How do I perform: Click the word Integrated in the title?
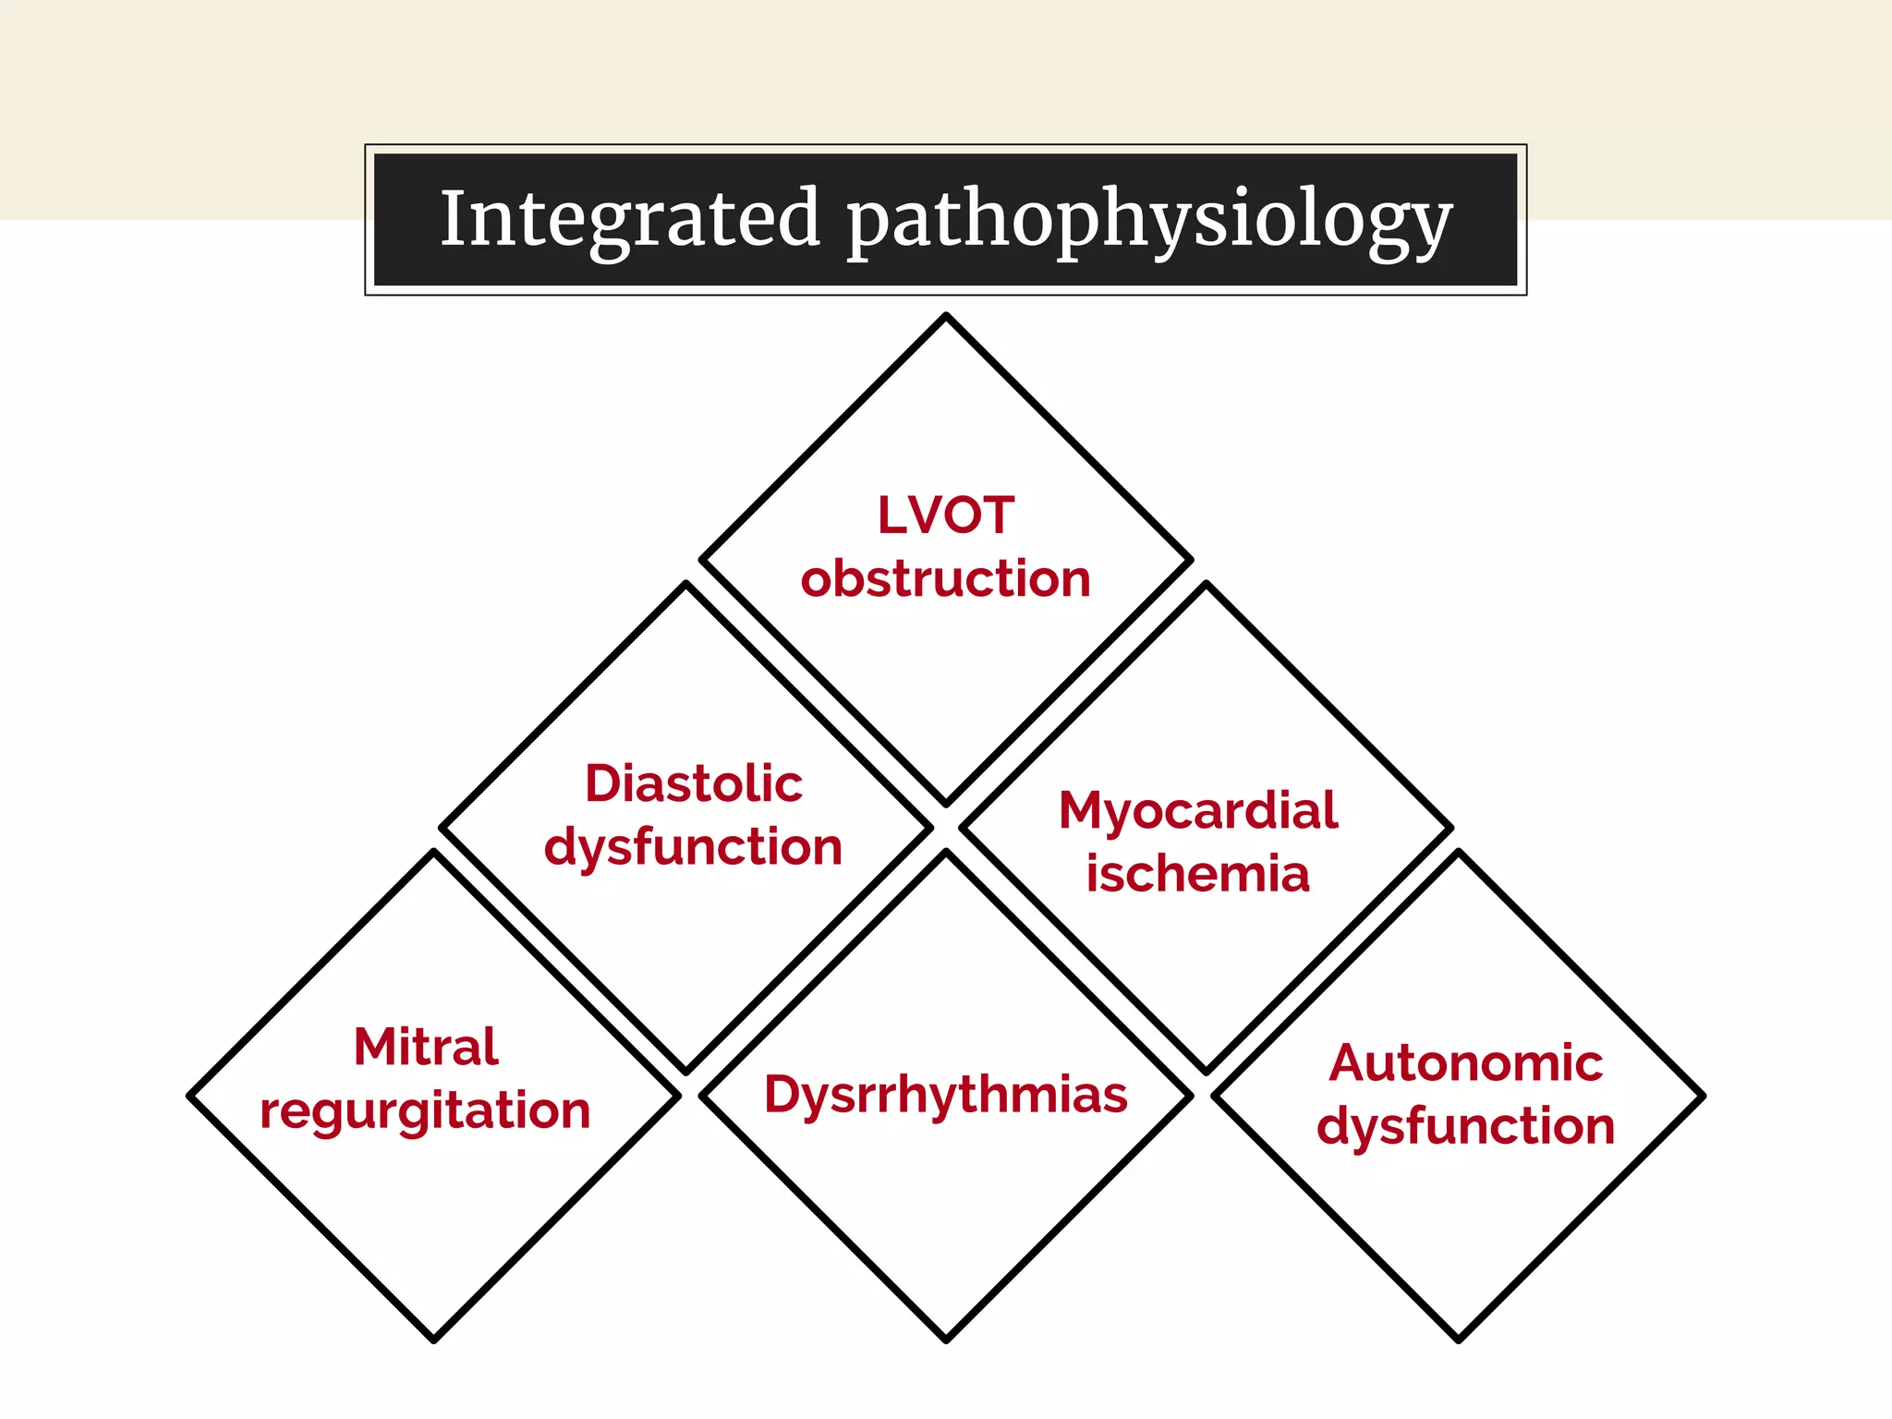coord(630,219)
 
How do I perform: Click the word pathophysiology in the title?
coord(1149,222)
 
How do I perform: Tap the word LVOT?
coord(945,515)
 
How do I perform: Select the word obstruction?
coord(945,579)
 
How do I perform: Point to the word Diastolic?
coord(693,783)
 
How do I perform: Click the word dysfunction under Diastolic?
coord(693,847)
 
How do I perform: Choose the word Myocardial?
coord(1197,810)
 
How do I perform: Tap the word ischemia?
coord(1197,874)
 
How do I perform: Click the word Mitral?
coord(426,1047)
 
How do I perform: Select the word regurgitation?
coord(425,1110)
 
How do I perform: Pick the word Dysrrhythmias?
coord(945,1095)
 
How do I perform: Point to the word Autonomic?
coord(1465,1063)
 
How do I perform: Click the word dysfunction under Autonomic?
coord(1465,1127)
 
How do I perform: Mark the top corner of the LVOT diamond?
coord(946,316)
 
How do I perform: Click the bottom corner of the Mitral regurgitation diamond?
coord(433,1340)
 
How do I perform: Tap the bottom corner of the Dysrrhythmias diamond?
coord(946,1340)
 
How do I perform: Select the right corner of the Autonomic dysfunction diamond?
coord(1703,1097)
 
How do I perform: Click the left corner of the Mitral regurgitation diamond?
coord(190,1097)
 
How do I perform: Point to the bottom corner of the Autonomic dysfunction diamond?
coord(1459,1340)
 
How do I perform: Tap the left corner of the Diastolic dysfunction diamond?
coord(442,828)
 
